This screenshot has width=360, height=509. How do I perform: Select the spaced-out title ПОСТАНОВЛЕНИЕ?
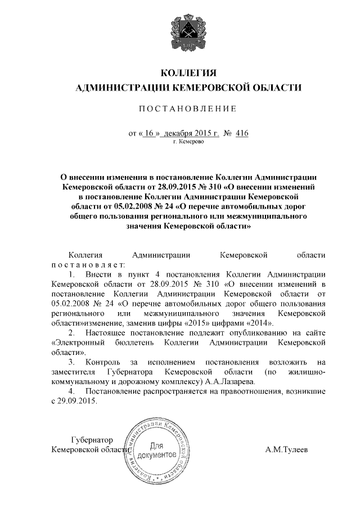point(188,108)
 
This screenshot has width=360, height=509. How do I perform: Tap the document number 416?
point(242,133)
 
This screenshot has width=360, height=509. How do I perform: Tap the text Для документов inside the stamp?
point(158,449)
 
